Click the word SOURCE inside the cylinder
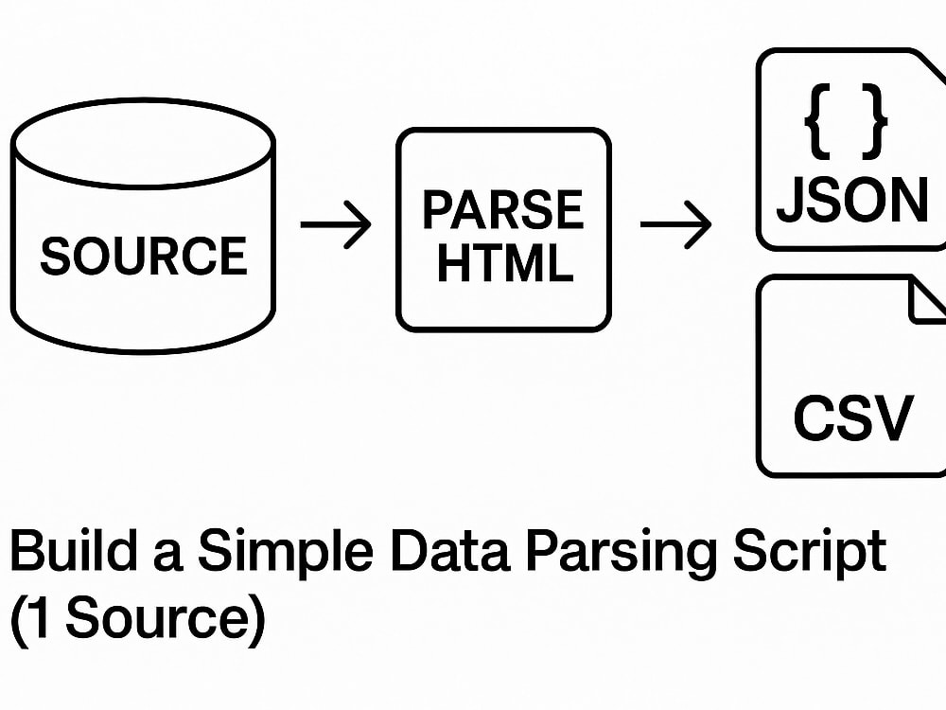pos(144,257)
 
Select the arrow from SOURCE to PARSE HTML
pos(336,225)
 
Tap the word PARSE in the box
pos(502,210)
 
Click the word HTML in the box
pos(504,264)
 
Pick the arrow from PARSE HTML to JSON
pos(675,225)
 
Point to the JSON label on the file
pos(851,201)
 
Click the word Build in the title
pos(72,552)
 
